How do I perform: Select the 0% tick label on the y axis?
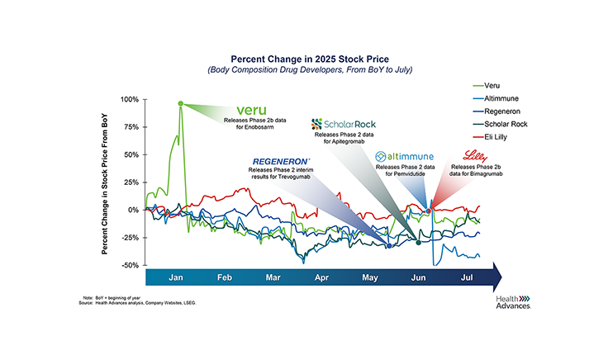tap(132, 210)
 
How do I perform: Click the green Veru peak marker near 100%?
tap(180, 103)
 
